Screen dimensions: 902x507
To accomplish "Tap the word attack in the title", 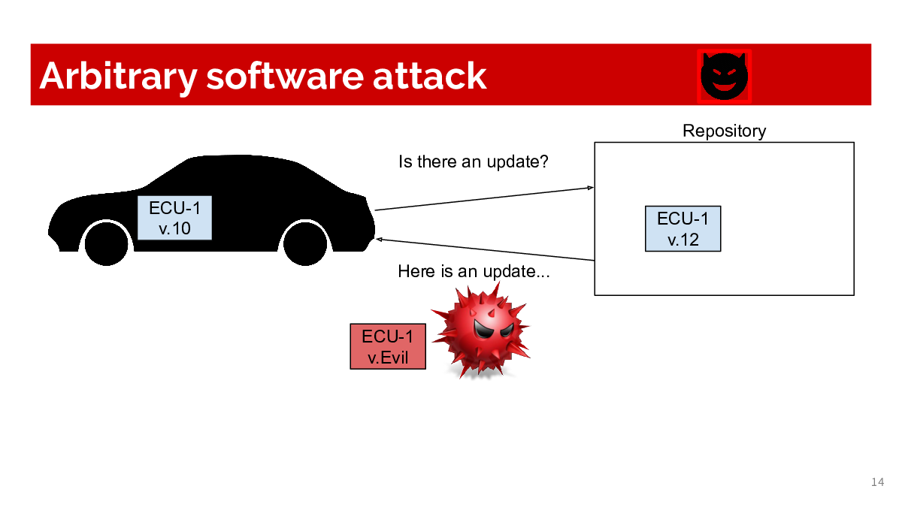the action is [x=430, y=76].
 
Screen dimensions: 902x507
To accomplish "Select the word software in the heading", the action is [x=285, y=76].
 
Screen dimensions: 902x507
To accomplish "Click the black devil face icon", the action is [x=724, y=77].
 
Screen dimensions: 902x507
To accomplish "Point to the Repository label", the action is [x=724, y=131].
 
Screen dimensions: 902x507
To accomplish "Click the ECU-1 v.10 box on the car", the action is [x=174, y=218].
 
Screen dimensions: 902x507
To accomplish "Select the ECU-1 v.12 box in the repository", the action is [x=683, y=229].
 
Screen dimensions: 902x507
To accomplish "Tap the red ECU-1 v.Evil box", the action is [x=388, y=346].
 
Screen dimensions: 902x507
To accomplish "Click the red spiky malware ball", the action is [x=481, y=330].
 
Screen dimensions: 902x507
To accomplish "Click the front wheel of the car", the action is [x=305, y=243].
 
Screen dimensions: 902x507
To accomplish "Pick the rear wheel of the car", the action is [x=106, y=243].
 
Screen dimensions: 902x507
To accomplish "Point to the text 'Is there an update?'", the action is [x=473, y=162].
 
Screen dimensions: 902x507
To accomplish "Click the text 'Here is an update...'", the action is [x=474, y=272].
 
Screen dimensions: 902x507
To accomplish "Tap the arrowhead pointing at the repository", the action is [x=590, y=188].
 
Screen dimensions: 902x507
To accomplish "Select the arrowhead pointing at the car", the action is [x=379, y=240].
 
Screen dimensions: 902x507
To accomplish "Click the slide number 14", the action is [x=878, y=482].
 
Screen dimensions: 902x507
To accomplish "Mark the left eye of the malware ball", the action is [x=482, y=329].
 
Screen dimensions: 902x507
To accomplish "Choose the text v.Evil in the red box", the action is [x=388, y=358].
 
